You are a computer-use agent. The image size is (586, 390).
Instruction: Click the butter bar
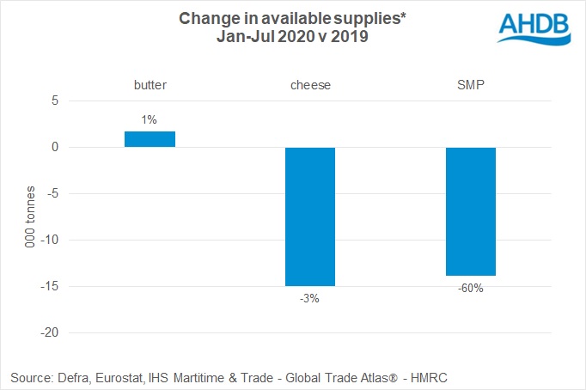(150, 139)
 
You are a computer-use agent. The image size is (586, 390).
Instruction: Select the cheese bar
(310, 216)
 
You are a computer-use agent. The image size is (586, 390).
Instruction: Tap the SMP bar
(470, 211)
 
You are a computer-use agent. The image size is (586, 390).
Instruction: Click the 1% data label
(150, 120)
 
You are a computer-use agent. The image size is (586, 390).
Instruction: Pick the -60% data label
(470, 288)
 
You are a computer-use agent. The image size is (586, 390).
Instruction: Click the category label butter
(150, 85)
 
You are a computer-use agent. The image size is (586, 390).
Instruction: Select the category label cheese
(310, 85)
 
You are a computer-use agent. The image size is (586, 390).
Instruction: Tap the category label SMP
(470, 85)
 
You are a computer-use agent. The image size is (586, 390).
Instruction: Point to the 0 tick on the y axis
(54, 147)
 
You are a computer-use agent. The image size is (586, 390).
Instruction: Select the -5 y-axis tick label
(52, 193)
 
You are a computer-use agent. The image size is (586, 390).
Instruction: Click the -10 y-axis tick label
(49, 240)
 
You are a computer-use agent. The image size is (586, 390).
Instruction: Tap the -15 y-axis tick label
(49, 286)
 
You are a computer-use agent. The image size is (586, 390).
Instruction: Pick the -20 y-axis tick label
(49, 332)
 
